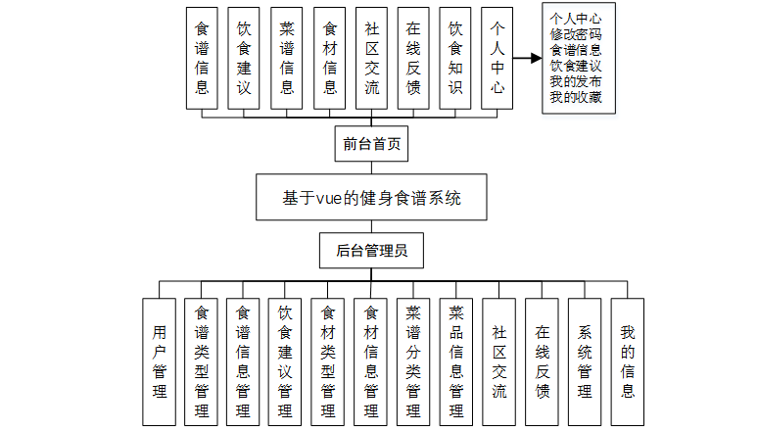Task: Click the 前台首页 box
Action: (371, 144)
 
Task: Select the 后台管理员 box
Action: (371, 251)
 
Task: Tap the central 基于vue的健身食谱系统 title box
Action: (371, 199)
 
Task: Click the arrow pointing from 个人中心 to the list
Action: (528, 59)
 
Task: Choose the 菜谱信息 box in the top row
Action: (287, 58)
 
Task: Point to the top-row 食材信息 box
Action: (329, 58)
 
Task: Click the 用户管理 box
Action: (160, 360)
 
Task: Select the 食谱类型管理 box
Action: (201, 360)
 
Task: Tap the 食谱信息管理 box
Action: (243, 360)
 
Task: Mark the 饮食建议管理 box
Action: (285, 360)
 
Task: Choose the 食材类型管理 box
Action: (328, 360)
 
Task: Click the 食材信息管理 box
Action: (370, 360)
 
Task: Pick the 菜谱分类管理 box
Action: (413, 360)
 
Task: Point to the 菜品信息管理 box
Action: (455, 360)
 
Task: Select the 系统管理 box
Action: (585, 360)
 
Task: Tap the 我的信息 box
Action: (628, 360)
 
